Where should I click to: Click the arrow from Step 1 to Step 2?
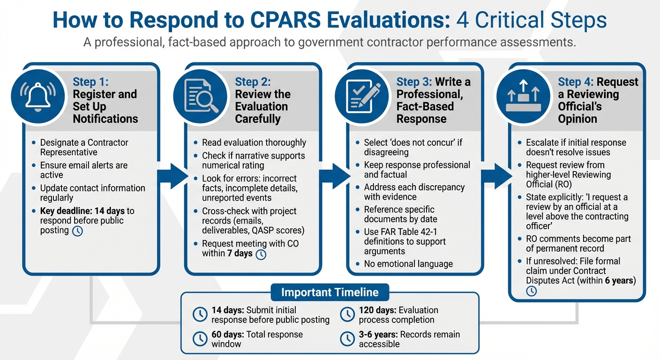coord(171,176)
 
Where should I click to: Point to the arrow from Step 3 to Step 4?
coord(495,176)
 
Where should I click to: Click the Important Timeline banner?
coord(330,292)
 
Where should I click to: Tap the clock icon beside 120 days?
coord(347,315)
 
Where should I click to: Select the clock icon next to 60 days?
coord(200,339)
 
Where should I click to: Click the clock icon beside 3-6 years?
coord(347,339)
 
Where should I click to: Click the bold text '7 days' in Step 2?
coord(240,254)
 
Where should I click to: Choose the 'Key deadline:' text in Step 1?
coord(66,211)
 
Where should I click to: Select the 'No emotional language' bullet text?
coord(408,264)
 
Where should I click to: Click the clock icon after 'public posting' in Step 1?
coord(77,231)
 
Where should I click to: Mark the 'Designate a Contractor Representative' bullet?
coord(84,147)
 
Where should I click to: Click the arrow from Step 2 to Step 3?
coord(333,176)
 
